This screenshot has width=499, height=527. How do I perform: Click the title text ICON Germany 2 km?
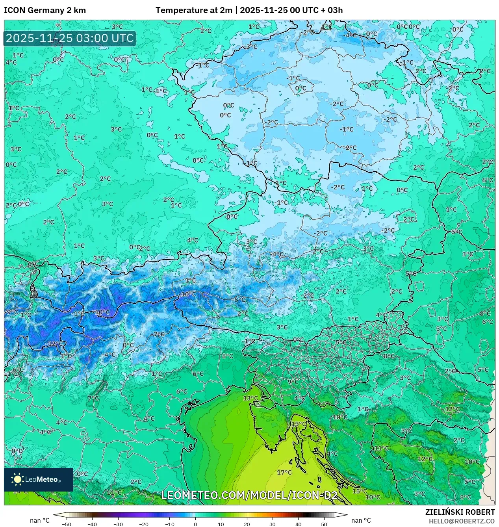coord(45,10)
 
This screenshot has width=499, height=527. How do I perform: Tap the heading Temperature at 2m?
coord(194,10)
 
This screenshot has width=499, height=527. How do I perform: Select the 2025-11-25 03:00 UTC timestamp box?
coord(70,39)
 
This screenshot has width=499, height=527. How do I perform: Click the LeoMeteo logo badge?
coord(39,479)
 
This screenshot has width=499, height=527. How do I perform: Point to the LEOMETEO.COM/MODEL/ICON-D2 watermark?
coord(249,495)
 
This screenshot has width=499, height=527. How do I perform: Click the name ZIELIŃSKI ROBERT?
coord(460,512)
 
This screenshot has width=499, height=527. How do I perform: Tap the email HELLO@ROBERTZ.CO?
coord(462,521)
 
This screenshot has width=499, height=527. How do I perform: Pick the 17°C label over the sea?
coord(284,472)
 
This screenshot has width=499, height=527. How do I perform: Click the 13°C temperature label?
coord(250,398)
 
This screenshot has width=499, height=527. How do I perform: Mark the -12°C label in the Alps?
coord(54,343)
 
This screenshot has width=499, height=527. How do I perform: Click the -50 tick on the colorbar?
coord(67,524)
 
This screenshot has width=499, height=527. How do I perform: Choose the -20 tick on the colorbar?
coord(144,524)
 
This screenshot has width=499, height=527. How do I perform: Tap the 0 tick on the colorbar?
coord(195,524)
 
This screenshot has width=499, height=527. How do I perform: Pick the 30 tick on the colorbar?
coord(273,524)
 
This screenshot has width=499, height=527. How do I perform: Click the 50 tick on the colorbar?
coord(324,524)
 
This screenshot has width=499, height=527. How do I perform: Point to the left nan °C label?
coord(40,521)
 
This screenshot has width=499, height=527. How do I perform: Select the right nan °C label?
coord(361,521)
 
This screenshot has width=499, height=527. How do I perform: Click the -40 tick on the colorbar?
coord(92,524)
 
